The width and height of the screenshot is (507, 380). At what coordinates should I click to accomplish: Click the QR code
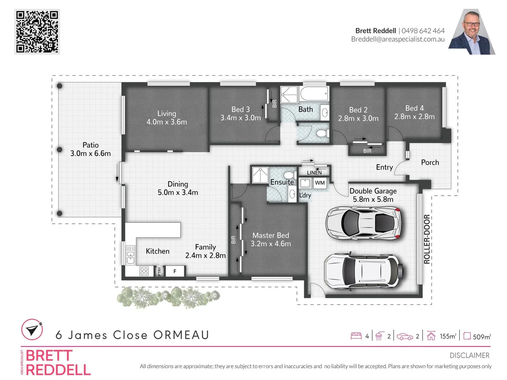[37, 32]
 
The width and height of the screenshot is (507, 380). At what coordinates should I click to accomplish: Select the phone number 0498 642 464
[423, 31]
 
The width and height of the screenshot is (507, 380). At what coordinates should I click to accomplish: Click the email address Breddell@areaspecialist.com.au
[398, 39]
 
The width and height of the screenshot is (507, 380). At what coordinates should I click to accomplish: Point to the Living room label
[167, 113]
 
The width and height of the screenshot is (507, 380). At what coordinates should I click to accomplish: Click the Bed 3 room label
[240, 109]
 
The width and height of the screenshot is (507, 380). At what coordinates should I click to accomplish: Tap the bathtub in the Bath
[314, 94]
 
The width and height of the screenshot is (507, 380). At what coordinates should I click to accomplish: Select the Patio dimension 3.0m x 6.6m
[90, 153]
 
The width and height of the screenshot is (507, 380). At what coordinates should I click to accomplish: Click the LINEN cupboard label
[314, 172]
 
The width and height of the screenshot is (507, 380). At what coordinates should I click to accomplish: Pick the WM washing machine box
[320, 183]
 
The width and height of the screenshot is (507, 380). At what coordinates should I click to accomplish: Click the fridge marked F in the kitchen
[175, 271]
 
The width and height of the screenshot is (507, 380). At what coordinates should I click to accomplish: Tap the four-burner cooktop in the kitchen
[144, 271]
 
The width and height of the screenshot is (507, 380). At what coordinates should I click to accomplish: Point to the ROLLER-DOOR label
[427, 239]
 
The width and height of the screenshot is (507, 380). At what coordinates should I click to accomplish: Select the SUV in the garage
[362, 270]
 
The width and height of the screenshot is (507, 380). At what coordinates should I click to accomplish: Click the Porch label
[430, 162]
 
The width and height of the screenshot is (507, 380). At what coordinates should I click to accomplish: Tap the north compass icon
[32, 330]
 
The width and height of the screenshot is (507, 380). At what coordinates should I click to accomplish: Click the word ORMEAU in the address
[181, 335]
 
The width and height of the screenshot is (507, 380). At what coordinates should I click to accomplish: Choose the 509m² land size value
[482, 337]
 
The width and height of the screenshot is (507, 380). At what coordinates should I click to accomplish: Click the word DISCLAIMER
[469, 355]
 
